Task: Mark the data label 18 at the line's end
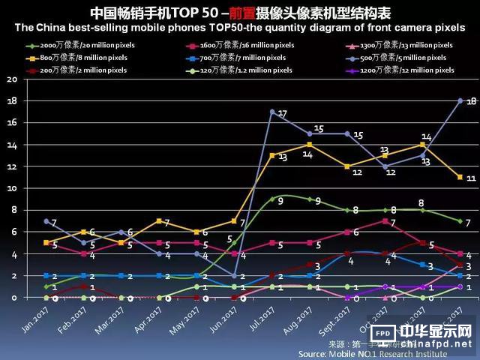471,101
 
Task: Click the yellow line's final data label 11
472,178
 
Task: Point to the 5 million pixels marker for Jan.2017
46,221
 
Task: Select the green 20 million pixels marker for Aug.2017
309,199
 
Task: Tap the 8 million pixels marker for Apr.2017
159,221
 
